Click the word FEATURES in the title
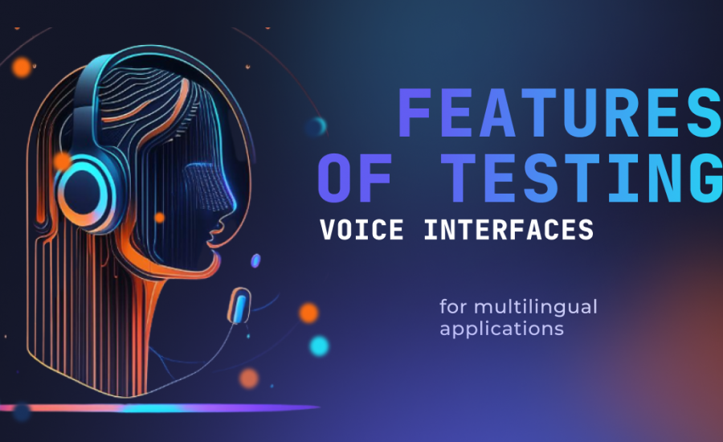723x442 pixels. (x=560, y=113)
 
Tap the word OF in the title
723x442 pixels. (x=355, y=178)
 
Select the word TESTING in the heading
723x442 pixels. (x=582, y=178)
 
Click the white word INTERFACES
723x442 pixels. (x=509, y=230)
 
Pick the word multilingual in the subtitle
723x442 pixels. (x=535, y=307)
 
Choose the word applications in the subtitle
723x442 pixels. (x=501, y=329)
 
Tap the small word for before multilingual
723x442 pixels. (x=453, y=306)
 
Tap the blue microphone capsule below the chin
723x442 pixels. (x=239, y=306)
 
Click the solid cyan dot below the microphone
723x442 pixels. (x=319, y=346)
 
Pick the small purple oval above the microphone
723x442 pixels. (x=255, y=260)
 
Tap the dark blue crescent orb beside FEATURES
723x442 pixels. (x=317, y=126)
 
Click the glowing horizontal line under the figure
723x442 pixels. (x=160, y=408)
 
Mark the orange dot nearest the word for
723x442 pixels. (x=308, y=313)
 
